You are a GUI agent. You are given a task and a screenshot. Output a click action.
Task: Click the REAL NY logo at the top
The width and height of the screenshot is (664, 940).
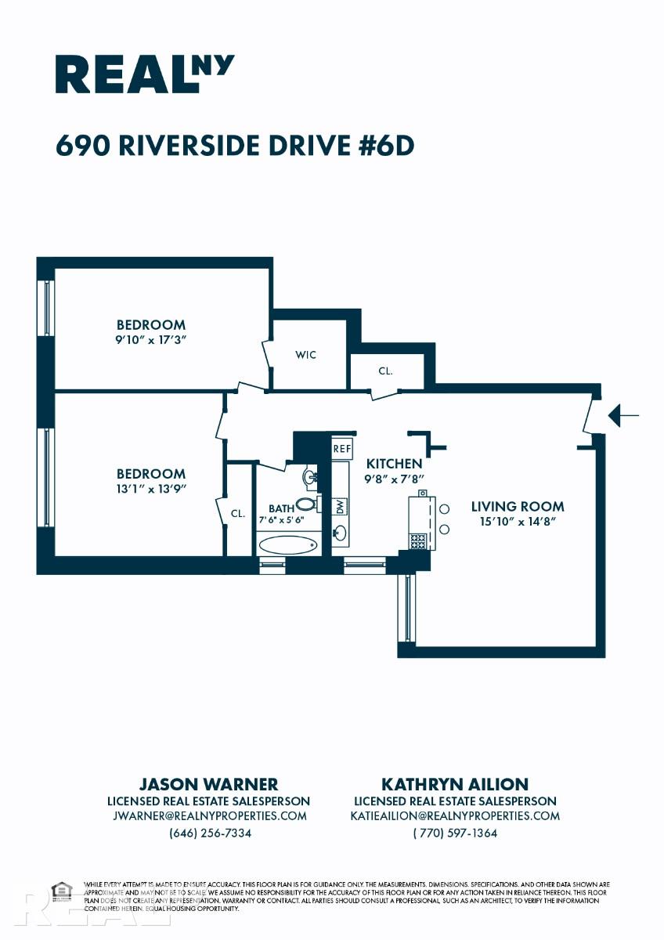[144, 74]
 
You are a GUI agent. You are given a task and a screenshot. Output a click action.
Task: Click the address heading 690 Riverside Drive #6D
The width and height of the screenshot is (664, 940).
[234, 146]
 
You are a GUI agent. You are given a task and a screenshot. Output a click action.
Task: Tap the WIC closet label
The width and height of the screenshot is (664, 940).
[306, 355]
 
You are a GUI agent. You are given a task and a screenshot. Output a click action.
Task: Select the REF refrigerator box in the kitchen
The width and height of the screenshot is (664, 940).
[341, 449]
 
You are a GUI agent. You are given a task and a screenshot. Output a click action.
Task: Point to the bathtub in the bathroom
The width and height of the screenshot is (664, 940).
[287, 544]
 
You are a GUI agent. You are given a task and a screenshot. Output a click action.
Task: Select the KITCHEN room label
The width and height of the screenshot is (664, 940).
[395, 464]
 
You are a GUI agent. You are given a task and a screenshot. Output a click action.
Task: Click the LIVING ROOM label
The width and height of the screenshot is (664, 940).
[517, 506]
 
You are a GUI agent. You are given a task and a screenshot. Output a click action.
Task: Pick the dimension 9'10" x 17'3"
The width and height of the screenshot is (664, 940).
[151, 340]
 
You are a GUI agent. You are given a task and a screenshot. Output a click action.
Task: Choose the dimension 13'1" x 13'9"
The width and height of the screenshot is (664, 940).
[151, 489]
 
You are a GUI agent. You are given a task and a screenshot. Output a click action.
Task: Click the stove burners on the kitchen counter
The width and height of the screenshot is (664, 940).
[418, 540]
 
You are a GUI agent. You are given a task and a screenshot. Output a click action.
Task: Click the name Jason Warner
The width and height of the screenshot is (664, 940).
[208, 784]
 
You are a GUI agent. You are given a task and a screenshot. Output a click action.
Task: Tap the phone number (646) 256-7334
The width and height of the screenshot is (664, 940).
[210, 833]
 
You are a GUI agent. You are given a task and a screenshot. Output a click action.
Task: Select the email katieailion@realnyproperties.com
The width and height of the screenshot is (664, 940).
[455, 815]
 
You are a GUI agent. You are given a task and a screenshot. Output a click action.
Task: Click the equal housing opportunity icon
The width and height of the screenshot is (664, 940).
[60, 891]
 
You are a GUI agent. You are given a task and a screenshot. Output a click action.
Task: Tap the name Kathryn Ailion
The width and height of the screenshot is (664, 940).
[455, 784]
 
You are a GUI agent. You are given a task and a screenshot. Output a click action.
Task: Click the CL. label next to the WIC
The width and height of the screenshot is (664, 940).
[385, 371]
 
